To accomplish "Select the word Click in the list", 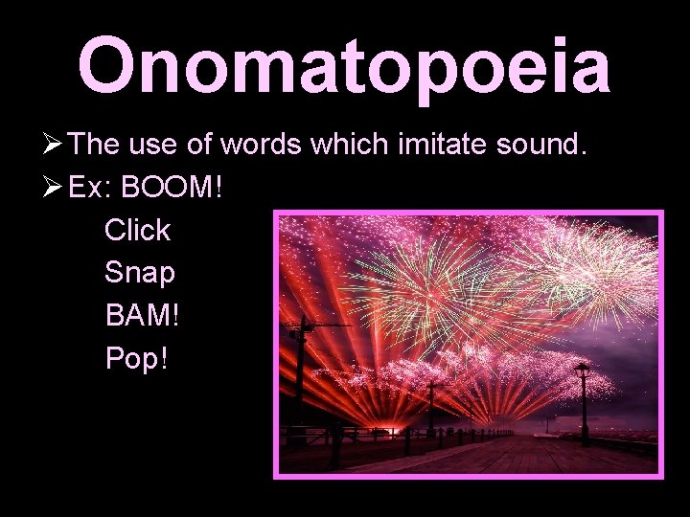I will pyautogui.click(x=137, y=230).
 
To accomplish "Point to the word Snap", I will pyautogui.click(x=140, y=273).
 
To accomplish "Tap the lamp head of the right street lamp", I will pyautogui.click(x=582, y=369).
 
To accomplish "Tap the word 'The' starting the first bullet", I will pyautogui.click(x=93, y=145).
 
